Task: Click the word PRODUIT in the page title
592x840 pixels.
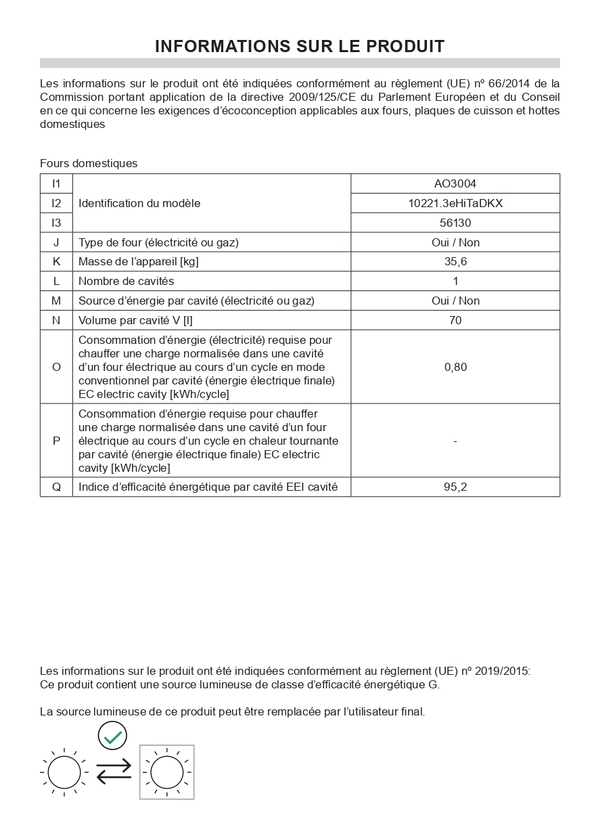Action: point(405,46)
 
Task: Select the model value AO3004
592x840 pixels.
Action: point(455,183)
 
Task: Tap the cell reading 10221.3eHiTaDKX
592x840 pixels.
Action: point(455,203)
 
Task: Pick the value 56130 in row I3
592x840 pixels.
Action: point(455,223)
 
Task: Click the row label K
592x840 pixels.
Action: point(56,262)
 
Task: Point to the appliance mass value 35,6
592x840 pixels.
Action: point(455,262)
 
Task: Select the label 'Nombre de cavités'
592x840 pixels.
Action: point(127,281)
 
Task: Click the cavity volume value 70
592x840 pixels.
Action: point(455,320)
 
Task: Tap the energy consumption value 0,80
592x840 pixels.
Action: point(455,367)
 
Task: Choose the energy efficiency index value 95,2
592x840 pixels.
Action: point(455,487)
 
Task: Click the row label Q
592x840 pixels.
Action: point(56,487)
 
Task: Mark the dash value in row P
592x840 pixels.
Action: point(455,441)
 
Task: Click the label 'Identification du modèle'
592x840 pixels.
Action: point(139,203)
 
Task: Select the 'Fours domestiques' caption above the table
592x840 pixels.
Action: point(89,163)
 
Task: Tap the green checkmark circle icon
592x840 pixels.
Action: point(112,736)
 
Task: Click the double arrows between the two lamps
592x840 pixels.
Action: point(114,772)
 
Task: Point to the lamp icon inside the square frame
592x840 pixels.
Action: point(167,772)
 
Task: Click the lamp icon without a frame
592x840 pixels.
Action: point(64,772)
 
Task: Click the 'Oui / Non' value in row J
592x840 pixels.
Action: point(455,242)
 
